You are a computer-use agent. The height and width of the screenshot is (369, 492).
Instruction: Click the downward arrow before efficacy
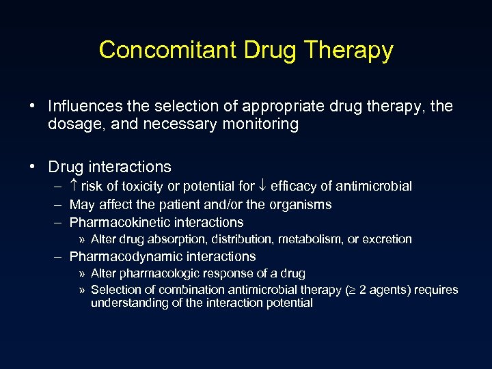[264, 186]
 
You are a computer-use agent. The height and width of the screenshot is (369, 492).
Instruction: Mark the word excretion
[387, 239]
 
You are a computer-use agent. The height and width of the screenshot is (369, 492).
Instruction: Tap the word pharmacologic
[154, 273]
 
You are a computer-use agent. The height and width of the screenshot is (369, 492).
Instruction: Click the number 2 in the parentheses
[363, 290]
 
